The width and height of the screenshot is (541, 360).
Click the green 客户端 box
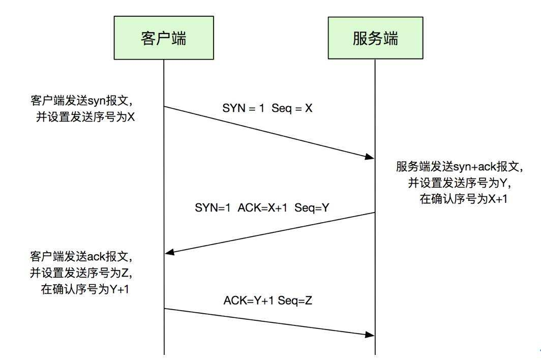pyautogui.click(x=164, y=38)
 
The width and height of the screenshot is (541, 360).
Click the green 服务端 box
pyautogui.click(x=375, y=38)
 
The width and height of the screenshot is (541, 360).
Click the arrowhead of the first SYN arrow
pyautogui.click(x=370, y=157)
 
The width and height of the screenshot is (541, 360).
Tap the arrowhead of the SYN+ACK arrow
pyautogui.click(x=169, y=253)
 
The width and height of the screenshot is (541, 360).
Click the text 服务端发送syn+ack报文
pyautogui.click(x=460, y=167)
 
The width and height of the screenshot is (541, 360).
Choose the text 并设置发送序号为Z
pyautogui.click(x=81, y=274)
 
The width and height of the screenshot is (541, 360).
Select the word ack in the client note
pyautogui.click(x=96, y=257)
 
